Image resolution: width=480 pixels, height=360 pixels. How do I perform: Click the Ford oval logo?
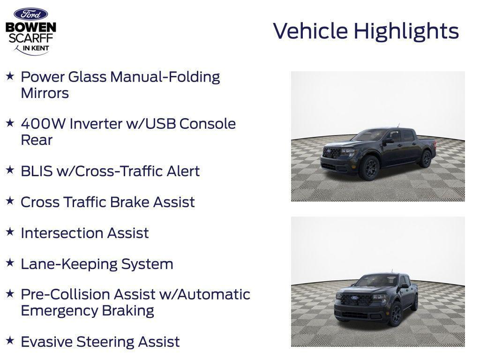(x=30, y=14)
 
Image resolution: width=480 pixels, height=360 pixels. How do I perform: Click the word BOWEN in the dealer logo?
(x=31, y=28)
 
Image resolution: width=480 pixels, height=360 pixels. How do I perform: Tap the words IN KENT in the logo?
(x=35, y=48)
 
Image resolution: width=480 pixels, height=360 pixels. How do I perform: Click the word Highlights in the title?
(x=406, y=31)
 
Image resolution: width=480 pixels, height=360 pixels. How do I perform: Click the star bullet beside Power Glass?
(x=10, y=76)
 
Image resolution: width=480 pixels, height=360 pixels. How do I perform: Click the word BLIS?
(x=37, y=171)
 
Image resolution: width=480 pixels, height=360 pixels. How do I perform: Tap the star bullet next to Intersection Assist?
(x=10, y=232)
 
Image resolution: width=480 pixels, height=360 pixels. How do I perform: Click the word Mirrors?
(x=45, y=93)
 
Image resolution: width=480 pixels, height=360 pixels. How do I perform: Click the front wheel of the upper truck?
(x=368, y=168)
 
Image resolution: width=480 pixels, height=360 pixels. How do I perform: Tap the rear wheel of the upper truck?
(x=426, y=159)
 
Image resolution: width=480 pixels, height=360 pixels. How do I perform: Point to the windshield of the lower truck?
(x=375, y=281)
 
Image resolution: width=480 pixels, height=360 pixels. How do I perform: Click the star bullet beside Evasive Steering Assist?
(x=10, y=341)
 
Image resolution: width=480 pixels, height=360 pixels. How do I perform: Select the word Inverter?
(x=97, y=124)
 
